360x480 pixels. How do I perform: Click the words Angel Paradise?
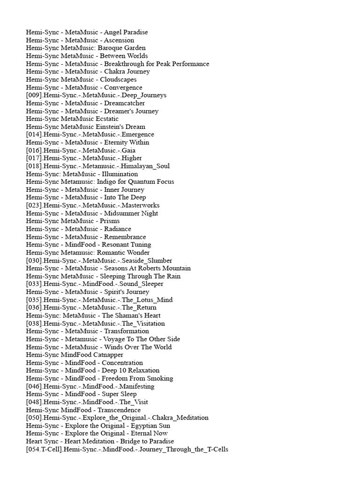coord(126,32)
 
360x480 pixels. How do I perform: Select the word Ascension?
coord(119,40)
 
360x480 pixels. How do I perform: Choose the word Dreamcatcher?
coord(124,103)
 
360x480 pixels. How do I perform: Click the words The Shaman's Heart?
coord(131,315)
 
